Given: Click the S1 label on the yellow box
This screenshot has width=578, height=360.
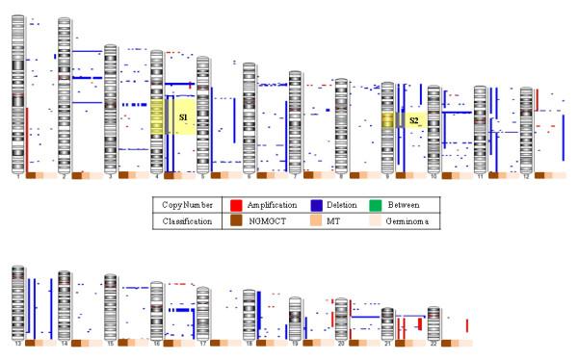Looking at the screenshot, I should (x=183, y=117).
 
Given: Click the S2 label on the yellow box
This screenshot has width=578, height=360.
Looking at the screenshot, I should (x=414, y=120).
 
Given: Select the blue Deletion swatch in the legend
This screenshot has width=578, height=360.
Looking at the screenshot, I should (x=315, y=205).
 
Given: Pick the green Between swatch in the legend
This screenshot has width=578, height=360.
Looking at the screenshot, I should (x=379, y=205).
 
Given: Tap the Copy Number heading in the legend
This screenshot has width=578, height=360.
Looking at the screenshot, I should (x=187, y=205).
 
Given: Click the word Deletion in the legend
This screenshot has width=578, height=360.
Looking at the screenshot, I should (x=343, y=205).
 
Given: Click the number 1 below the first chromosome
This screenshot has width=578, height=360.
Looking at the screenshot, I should (x=17, y=176).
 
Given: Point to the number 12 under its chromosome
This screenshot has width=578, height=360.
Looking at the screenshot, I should (x=526, y=176).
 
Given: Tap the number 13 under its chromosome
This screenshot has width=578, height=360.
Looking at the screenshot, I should (x=17, y=342).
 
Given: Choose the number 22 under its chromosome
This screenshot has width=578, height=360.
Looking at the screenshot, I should (x=433, y=342).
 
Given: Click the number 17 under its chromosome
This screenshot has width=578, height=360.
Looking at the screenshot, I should (x=202, y=342).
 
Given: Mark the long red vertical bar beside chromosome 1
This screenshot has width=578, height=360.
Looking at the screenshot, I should (x=28, y=137).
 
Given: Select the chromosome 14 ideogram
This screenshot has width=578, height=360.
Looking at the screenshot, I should (x=65, y=303).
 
